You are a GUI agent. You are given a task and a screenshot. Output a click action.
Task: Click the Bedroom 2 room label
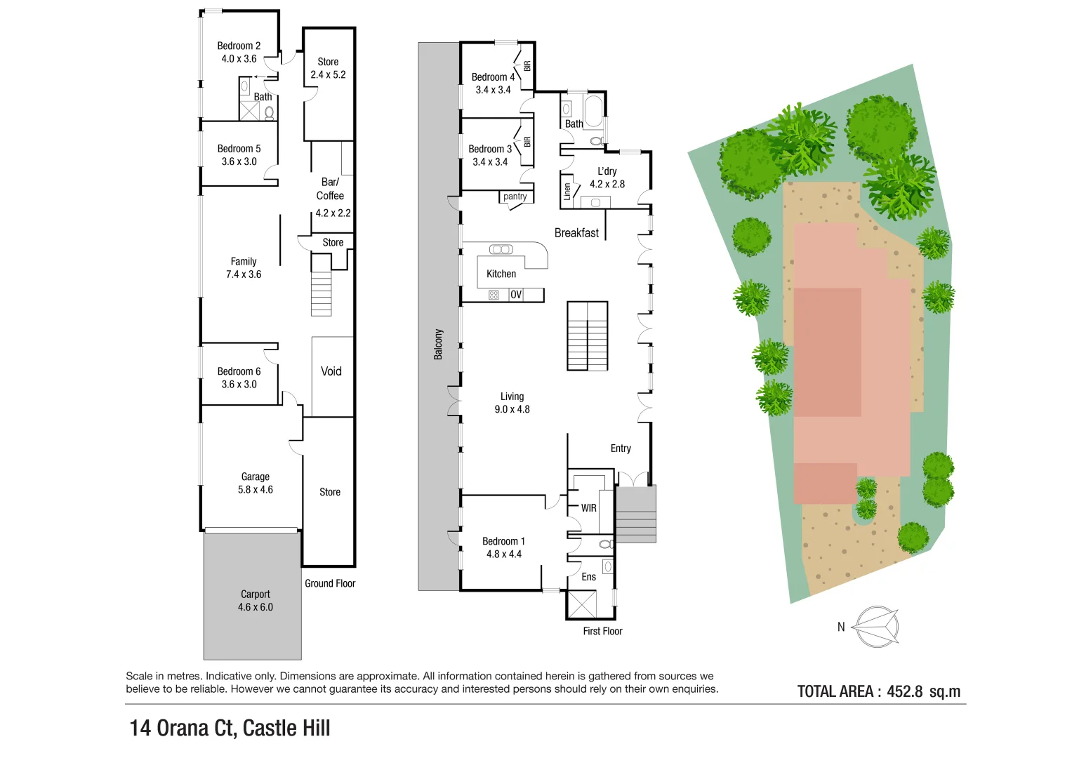pyautogui.click(x=239, y=46)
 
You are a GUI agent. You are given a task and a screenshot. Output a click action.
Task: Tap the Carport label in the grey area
pyautogui.click(x=255, y=594)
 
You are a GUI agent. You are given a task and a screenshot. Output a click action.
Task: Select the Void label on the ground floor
pyautogui.click(x=331, y=371)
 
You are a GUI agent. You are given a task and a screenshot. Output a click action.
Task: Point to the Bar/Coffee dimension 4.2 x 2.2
pyautogui.click(x=333, y=213)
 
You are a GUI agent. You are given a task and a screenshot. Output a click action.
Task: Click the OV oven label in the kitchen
pyautogui.click(x=516, y=295)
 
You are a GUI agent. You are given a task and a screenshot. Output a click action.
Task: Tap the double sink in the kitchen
pyautogui.click(x=501, y=249)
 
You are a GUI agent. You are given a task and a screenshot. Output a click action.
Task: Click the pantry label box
pyautogui.click(x=515, y=197)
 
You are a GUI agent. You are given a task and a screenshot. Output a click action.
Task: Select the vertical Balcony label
pyautogui.click(x=438, y=344)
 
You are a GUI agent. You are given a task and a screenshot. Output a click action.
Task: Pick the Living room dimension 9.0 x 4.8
pyautogui.click(x=512, y=409)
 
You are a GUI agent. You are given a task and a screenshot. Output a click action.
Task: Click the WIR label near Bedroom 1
pyautogui.click(x=588, y=508)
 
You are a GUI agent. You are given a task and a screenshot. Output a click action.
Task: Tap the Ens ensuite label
pyautogui.click(x=588, y=577)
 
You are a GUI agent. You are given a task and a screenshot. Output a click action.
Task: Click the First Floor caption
pyautogui.click(x=602, y=631)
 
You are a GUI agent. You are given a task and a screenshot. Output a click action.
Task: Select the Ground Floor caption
pyautogui.click(x=330, y=583)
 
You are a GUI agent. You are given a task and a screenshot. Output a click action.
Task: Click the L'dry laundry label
pyautogui.click(x=607, y=171)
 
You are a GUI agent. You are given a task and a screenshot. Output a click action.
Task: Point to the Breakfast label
pyautogui.click(x=576, y=233)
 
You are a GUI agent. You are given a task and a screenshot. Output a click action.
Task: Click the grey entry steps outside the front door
pyautogui.click(x=635, y=514)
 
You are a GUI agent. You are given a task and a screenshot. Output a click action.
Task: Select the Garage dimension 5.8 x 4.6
pyautogui.click(x=255, y=489)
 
